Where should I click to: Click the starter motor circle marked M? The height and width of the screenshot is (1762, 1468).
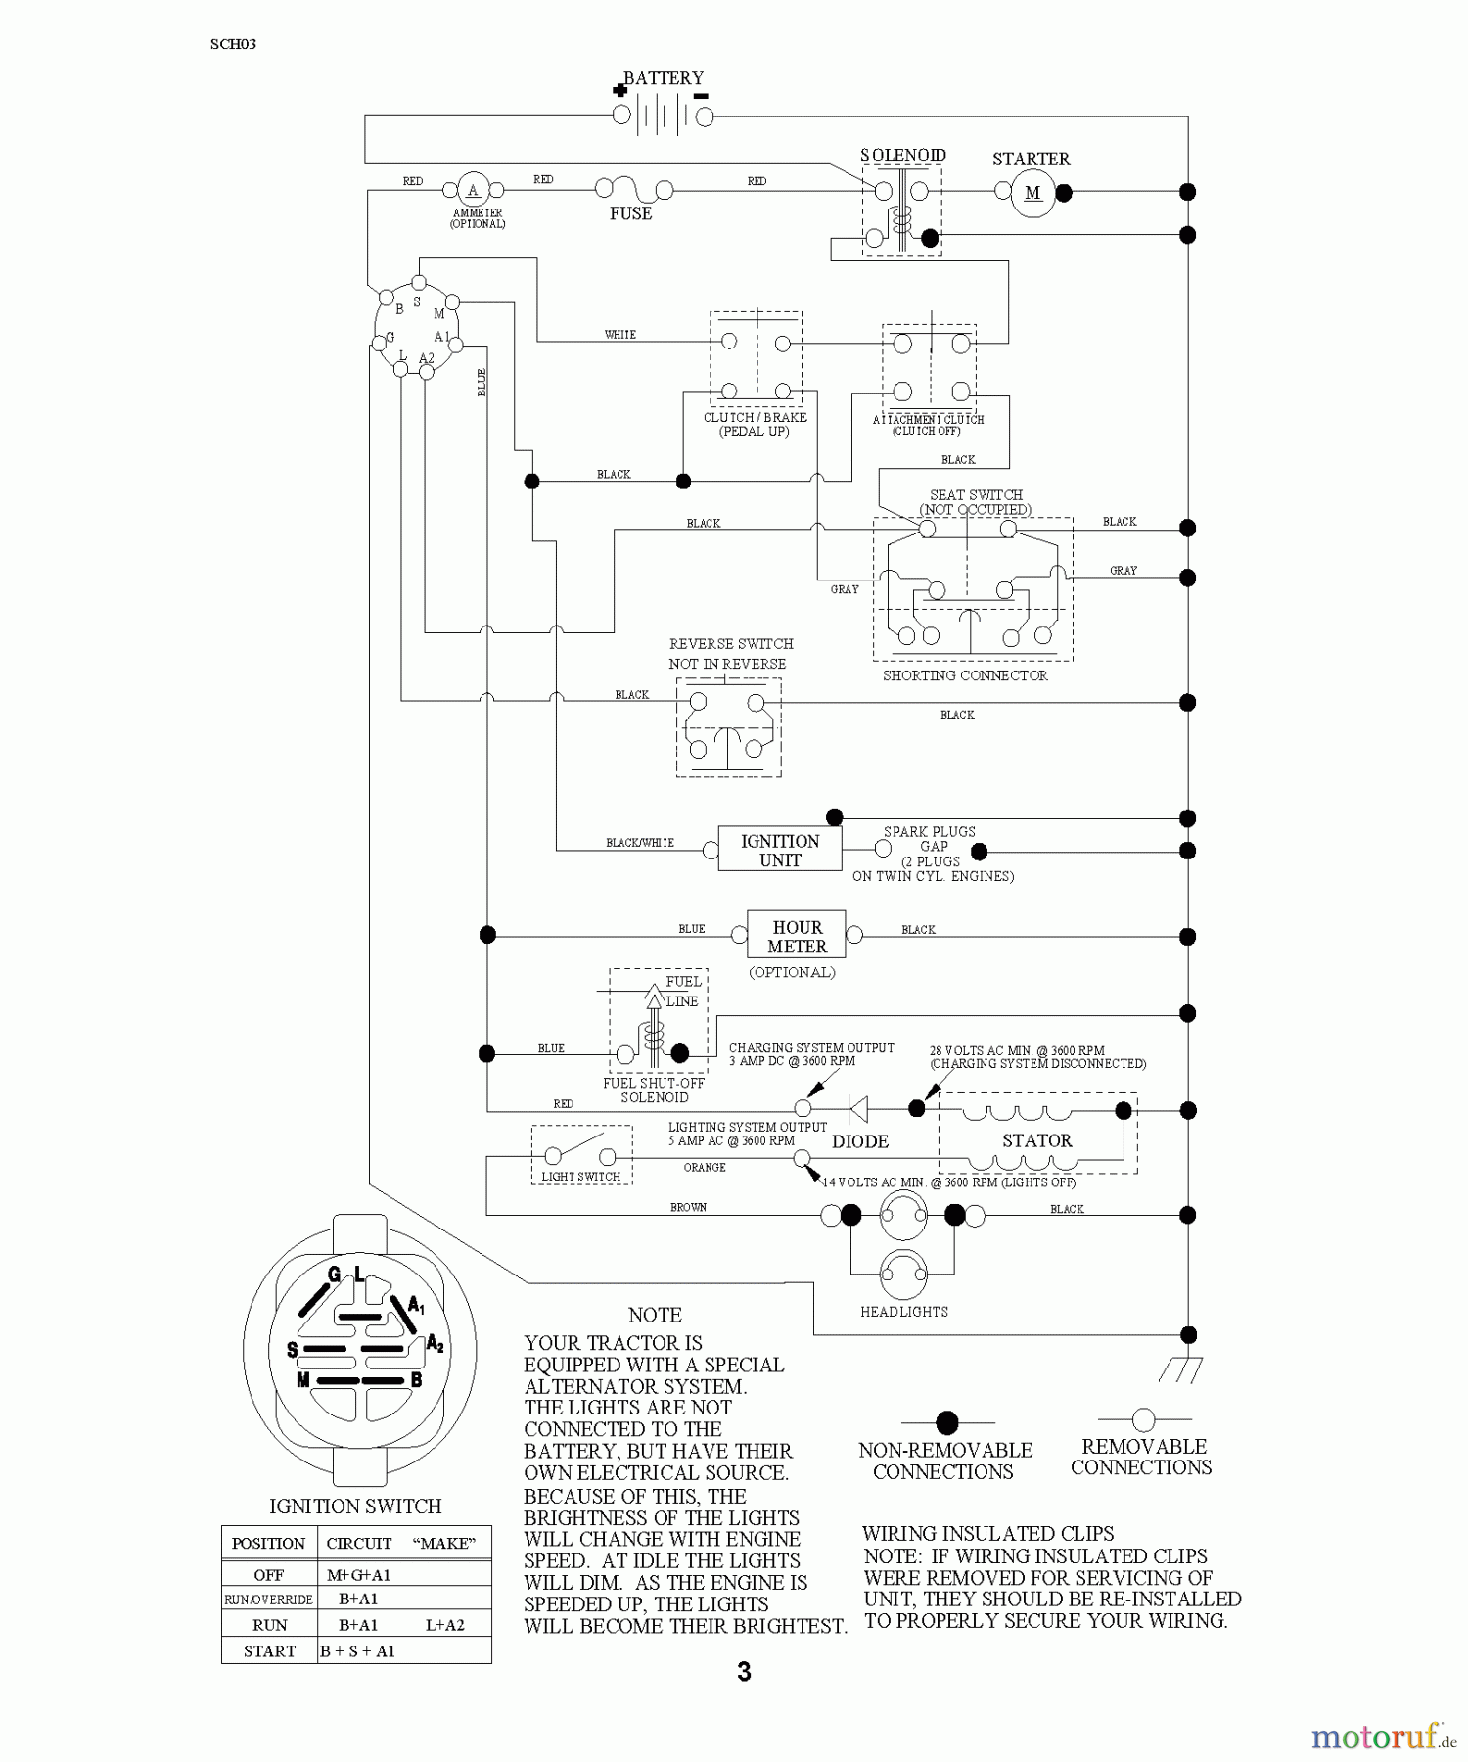pyautogui.click(x=1032, y=193)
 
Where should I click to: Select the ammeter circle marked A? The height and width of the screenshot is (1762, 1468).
pyautogui.click(x=473, y=191)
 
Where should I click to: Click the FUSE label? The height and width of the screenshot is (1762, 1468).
pyautogui.click(x=630, y=213)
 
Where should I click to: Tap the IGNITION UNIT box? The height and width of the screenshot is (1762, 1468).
pyautogui.click(x=779, y=850)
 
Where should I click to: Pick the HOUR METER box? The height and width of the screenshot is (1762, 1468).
pyautogui.click(x=796, y=936)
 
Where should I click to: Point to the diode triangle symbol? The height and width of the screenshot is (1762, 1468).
pyautogui.click(x=858, y=1109)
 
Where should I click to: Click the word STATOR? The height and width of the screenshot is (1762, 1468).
pyautogui.click(x=1036, y=1140)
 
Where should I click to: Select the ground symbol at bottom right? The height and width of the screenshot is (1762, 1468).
pyautogui.click(x=1181, y=1369)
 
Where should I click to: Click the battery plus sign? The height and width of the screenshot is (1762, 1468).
pyautogui.click(x=619, y=90)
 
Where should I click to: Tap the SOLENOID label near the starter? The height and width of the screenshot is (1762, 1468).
pyautogui.click(x=902, y=156)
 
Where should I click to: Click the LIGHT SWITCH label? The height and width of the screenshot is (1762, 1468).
pyautogui.click(x=581, y=1177)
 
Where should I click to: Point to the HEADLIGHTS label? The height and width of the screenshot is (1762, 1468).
pyautogui.click(x=903, y=1312)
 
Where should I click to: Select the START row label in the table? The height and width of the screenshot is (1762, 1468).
pyautogui.click(x=269, y=1650)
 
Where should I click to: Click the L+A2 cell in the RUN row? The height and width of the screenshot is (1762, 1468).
pyautogui.click(x=444, y=1624)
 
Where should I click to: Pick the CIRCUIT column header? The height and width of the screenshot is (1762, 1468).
pyautogui.click(x=358, y=1543)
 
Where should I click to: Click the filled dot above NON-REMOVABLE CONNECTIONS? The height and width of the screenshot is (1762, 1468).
pyautogui.click(x=946, y=1421)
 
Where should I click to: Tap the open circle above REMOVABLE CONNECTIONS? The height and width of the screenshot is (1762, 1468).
pyautogui.click(x=1143, y=1418)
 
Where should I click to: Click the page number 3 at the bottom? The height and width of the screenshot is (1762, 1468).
pyautogui.click(x=744, y=1672)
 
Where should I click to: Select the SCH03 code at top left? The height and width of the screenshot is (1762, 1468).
pyautogui.click(x=233, y=44)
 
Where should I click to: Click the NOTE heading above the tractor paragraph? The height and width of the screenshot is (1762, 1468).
pyautogui.click(x=655, y=1315)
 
